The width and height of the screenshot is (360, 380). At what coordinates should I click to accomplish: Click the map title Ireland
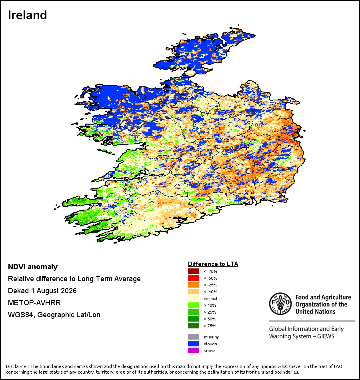coord(27,15)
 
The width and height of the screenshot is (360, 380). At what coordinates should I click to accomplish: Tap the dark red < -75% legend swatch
coord(194,271)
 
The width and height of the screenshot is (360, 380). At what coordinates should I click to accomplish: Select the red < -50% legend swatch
coord(194,278)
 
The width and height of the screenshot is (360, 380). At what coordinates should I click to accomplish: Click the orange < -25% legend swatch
coord(194,285)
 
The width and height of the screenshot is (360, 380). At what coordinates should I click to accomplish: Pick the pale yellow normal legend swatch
coord(194,298)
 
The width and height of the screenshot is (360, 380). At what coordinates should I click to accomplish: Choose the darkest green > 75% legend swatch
coord(194,326)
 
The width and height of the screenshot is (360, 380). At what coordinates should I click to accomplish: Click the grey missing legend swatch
coord(194,337)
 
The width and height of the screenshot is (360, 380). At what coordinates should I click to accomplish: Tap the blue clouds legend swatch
coord(194,344)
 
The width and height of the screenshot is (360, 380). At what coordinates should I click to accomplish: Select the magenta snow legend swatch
coord(194,350)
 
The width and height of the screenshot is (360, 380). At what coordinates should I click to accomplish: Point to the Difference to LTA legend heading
coord(213,264)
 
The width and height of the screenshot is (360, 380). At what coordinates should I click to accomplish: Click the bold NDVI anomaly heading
coord(33,267)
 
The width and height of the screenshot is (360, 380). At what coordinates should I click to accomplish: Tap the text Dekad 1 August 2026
coord(42,291)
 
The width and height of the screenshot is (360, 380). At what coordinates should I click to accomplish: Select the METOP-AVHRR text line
coord(34,303)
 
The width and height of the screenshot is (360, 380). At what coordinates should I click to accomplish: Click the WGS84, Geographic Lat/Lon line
coord(54,315)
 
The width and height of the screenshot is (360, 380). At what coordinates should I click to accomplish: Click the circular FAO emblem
coord(280,304)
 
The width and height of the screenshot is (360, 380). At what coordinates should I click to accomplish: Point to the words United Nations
coord(315,312)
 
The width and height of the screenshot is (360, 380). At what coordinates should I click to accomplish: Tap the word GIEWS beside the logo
coord(326,336)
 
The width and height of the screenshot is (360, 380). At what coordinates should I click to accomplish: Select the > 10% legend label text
coord(210,305)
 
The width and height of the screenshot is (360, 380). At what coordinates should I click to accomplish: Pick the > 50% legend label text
coord(210,319)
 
